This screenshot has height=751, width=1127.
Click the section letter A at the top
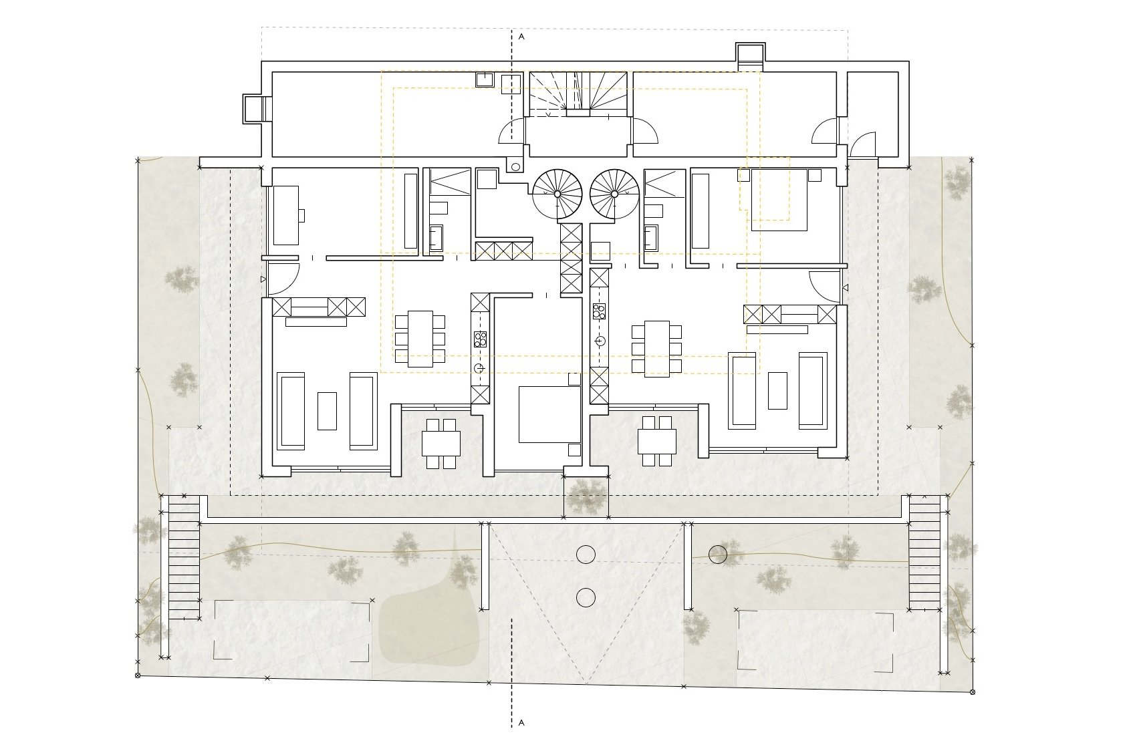pyautogui.click(x=521, y=37)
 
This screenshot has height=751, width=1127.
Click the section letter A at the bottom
pyautogui.click(x=521, y=723)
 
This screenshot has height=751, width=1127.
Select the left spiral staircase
pyautogui.click(x=557, y=194)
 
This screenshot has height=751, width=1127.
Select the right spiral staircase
pyautogui.click(x=614, y=194)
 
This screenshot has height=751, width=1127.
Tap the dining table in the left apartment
pyautogui.click(x=420, y=339)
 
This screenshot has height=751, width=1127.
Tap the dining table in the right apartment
pyautogui.click(x=656, y=349)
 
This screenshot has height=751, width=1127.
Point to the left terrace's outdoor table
pyautogui.click(x=441, y=443)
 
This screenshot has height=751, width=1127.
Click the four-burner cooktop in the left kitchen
pyautogui.click(x=480, y=339)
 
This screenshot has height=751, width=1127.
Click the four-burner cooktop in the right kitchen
pyautogui.click(x=599, y=311)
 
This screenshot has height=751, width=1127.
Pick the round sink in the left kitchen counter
pyautogui.click(x=480, y=368)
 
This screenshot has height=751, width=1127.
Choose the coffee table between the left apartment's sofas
pyautogui.click(x=327, y=411)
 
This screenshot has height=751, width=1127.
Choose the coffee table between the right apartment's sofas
pyautogui.click(x=777, y=391)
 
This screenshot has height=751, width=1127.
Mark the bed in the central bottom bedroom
pyautogui.click(x=550, y=414)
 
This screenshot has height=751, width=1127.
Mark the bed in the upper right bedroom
pyautogui.click(x=779, y=200)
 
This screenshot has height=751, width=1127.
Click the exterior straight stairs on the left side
pyautogui.click(x=184, y=557)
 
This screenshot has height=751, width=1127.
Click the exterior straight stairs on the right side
pyautogui.click(x=924, y=553)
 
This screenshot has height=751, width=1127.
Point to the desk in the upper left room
pyautogui.click(x=286, y=215)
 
